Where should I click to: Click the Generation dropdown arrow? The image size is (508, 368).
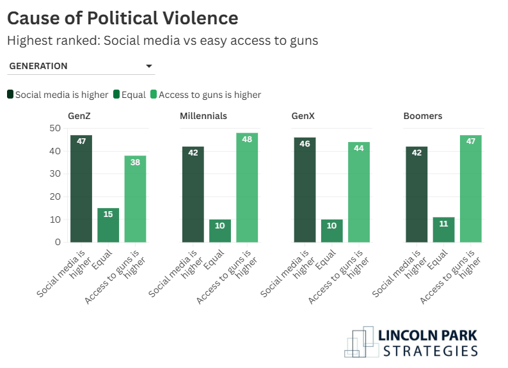pyautogui.click(x=149, y=66)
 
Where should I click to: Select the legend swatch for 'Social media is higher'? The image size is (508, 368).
pyautogui.click(x=11, y=95)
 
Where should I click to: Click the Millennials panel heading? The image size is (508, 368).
pyautogui.click(x=203, y=116)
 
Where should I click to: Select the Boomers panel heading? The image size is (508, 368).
pyautogui.click(x=423, y=116)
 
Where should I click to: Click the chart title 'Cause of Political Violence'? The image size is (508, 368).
pyautogui.click(x=122, y=18)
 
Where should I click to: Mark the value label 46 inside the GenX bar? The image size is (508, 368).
pyautogui.click(x=305, y=143)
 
